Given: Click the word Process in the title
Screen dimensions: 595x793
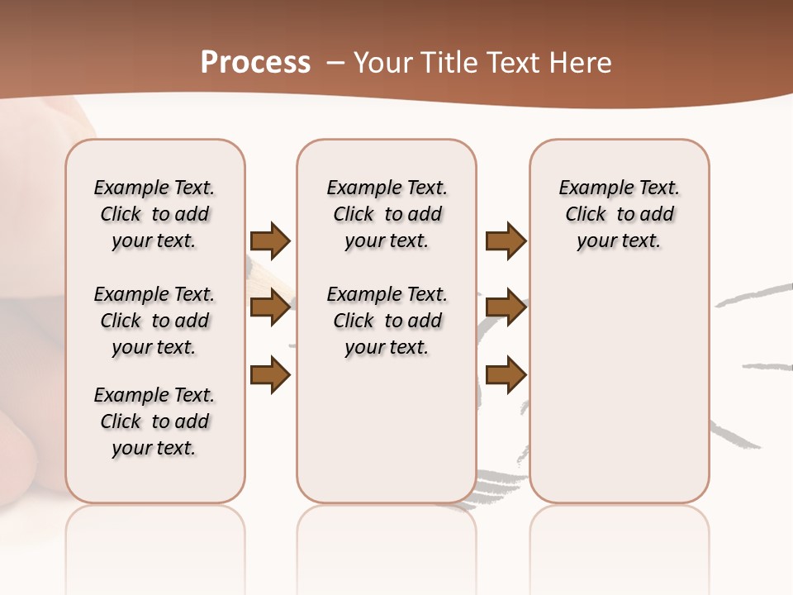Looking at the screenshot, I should point(255,62).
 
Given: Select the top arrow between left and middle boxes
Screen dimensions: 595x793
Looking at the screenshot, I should point(270,240).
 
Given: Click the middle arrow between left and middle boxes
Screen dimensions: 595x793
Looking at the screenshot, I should point(270,307).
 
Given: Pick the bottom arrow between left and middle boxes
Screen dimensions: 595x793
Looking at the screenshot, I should point(270,375).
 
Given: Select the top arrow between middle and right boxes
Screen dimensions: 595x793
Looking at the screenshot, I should point(506,240).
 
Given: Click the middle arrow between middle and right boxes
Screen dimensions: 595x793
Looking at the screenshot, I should point(506,307).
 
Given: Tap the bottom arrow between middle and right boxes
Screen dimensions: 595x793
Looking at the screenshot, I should point(506,375).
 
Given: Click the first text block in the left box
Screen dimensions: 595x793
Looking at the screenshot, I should point(154,214).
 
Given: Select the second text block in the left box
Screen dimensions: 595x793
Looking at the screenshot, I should point(154,321).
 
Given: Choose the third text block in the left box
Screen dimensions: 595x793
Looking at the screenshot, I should point(154,421).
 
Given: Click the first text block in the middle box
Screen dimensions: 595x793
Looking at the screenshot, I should point(387,214).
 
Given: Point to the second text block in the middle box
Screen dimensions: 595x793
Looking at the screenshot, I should point(387,321).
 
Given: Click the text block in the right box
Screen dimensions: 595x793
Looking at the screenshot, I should point(619,214).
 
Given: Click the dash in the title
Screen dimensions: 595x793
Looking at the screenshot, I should point(335,63).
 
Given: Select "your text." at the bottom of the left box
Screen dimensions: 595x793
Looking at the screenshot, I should point(154,448).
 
